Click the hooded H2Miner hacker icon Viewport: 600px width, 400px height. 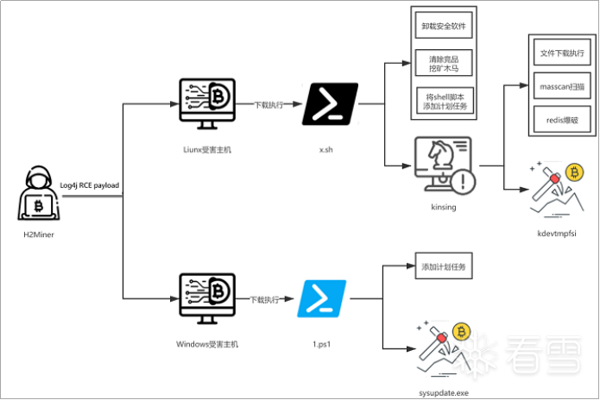[x=39, y=193]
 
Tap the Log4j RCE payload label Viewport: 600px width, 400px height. [x=90, y=185]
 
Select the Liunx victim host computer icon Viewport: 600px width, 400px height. [x=207, y=103]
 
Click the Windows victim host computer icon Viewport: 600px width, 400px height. [x=207, y=298]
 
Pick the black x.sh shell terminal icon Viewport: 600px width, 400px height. [x=331, y=104]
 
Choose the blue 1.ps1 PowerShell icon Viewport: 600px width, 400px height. [x=322, y=298]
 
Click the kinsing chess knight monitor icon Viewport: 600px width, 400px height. [x=445, y=166]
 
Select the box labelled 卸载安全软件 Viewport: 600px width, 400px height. [x=444, y=26]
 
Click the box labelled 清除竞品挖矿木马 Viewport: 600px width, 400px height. [x=444, y=63]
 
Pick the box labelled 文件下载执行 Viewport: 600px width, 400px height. [x=562, y=53]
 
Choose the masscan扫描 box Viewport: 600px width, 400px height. [x=562, y=86]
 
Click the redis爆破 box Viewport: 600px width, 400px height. [x=562, y=120]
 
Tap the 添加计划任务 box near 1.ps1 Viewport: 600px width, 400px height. [x=444, y=266]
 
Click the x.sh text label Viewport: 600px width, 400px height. [x=326, y=150]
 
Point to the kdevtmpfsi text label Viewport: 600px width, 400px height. [x=557, y=234]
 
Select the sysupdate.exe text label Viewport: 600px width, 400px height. [x=444, y=393]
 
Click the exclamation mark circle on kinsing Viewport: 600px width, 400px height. [x=463, y=182]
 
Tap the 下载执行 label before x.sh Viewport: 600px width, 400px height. [x=269, y=104]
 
